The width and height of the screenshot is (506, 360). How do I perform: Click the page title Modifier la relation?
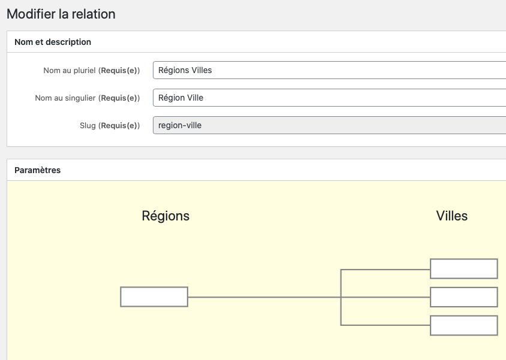pyautogui.click(x=61, y=14)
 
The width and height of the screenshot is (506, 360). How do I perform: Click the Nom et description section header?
pyautogui.click(x=53, y=42)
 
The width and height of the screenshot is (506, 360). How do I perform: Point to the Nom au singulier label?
pyautogui.click(x=87, y=98)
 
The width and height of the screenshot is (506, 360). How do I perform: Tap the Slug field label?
pyautogui.click(x=109, y=125)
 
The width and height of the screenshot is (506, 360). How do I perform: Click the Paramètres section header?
pyautogui.click(x=37, y=170)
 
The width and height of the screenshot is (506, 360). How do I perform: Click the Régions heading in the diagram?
pyautogui.click(x=165, y=216)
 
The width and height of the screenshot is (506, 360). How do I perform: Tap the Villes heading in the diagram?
pyautogui.click(x=451, y=216)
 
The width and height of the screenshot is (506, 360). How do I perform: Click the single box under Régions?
pyautogui.click(x=154, y=297)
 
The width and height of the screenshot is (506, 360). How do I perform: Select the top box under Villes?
pyautogui.click(x=463, y=269)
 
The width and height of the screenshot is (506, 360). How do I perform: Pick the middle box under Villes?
pyautogui.click(x=463, y=297)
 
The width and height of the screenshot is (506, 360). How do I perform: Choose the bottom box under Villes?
pyautogui.click(x=463, y=325)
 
